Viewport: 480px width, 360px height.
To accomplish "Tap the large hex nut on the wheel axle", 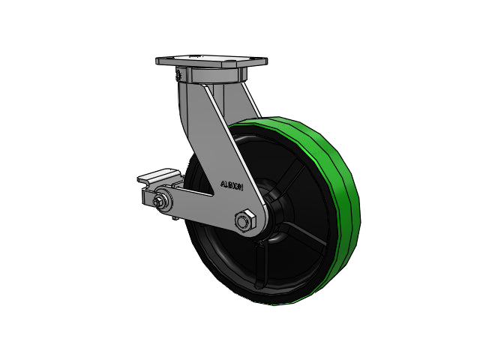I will tap(244, 221).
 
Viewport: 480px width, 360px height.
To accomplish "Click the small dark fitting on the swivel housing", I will tap(178, 75).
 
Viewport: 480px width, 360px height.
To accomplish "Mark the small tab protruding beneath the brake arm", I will tap(175, 216).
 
